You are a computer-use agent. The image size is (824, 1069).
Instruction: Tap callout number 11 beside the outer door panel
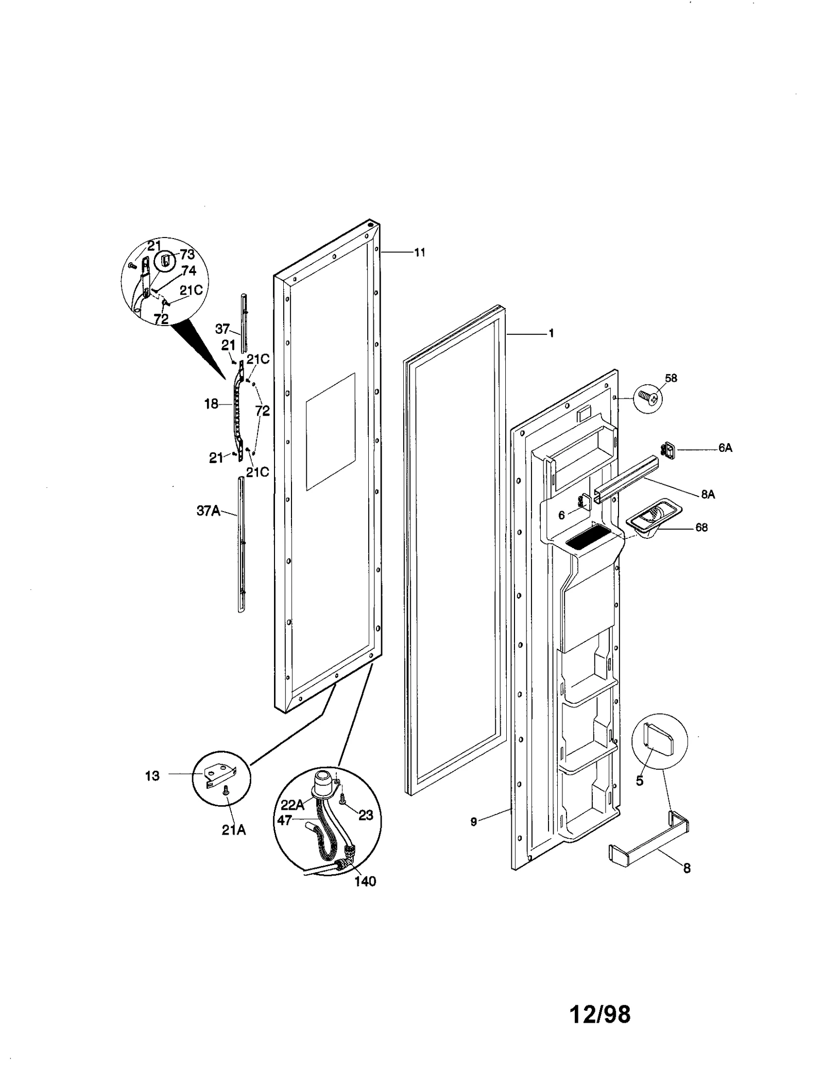(420, 252)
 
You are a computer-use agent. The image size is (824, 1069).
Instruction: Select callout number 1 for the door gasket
(551, 334)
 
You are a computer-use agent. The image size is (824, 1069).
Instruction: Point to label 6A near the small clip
(725, 448)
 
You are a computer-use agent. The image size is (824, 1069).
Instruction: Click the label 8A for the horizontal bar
(708, 495)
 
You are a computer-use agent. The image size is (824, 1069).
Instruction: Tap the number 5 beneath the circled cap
(639, 781)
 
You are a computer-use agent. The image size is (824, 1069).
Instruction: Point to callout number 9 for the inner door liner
(474, 822)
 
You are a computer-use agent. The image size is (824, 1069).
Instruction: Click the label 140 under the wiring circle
(365, 881)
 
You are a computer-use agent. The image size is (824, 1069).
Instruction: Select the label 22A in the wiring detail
(292, 805)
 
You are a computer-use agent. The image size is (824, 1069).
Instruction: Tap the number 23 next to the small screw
(365, 816)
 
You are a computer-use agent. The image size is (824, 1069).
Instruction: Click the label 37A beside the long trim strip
(208, 511)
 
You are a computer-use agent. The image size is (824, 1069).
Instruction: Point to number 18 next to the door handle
(211, 404)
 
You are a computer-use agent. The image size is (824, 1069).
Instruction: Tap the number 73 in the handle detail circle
(187, 255)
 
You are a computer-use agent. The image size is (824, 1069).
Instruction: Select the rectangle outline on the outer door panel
(330, 431)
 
